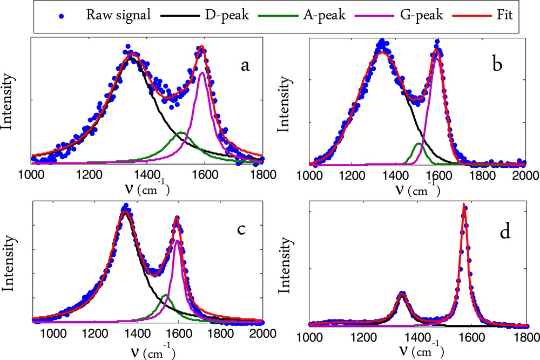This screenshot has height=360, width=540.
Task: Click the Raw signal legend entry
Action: (x=117, y=16)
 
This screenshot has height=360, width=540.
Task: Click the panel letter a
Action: (x=245, y=66)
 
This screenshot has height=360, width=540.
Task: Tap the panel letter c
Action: (x=241, y=228)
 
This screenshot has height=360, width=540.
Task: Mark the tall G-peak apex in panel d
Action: (x=463, y=205)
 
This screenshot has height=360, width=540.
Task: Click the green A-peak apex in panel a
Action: (x=181, y=132)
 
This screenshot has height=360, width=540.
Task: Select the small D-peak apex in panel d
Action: (x=402, y=294)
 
